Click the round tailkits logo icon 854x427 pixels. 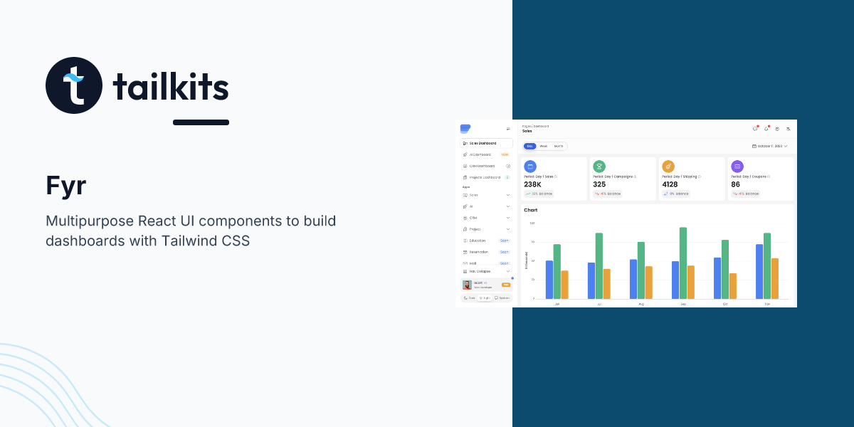pos(74,85)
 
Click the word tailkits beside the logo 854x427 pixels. pos(171,88)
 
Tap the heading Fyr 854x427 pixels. pos(65,186)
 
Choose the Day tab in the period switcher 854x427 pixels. pos(529,146)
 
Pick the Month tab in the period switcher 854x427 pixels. pos(559,146)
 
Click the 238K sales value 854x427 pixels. pos(532,184)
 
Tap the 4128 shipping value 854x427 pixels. pos(670,184)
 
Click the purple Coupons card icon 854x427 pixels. pos(737,166)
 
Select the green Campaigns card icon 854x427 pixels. pos(599,166)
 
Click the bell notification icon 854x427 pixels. pos(766,129)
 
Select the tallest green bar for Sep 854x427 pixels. pos(683,263)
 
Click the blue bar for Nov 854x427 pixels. pos(759,271)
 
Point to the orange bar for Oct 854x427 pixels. pos(733,286)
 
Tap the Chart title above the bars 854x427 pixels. pos(531,210)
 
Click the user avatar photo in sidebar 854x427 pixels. pos(468,285)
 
